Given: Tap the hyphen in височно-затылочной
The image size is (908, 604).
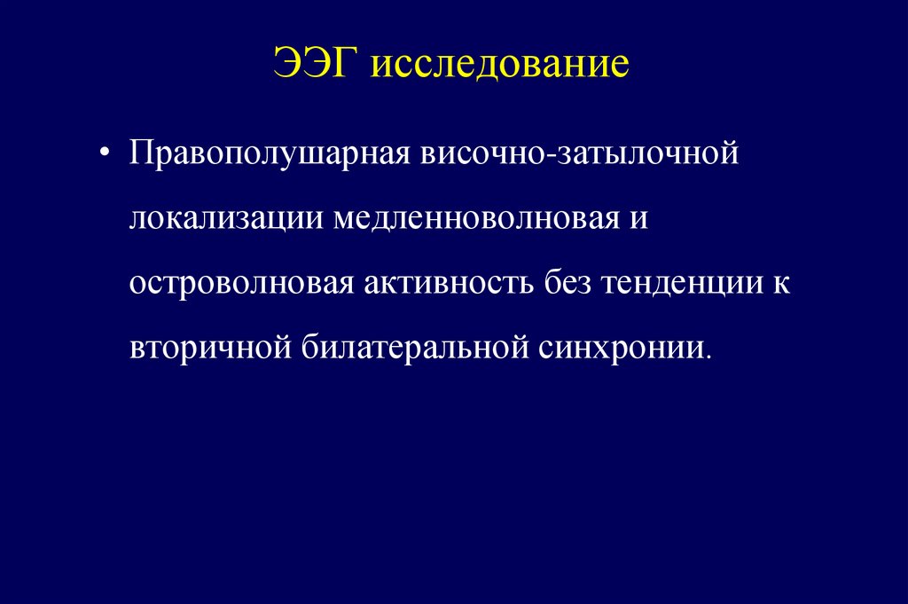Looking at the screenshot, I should [528, 154].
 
